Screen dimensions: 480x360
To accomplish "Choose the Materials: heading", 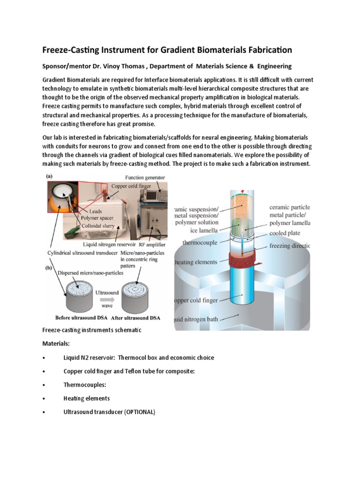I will [x=56, y=344].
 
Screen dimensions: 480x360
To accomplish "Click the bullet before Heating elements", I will [x=43, y=398].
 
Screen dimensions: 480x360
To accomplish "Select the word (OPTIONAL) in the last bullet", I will [x=139, y=412].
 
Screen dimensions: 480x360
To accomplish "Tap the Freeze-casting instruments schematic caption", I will [x=91, y=330].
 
